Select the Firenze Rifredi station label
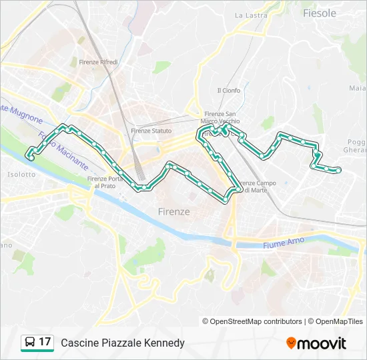point(98,62)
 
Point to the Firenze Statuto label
point(151,131)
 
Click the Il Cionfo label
point(228,91)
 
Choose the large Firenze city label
point(174,211)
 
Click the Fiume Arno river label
point(284,245)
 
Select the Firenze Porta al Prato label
point(105,182)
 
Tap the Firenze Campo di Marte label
point(256,187)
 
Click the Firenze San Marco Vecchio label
point(221,117)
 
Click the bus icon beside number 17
point(30,343)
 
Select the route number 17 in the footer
point(45,342)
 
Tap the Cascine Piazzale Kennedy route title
point(123,343)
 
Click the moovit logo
point(316,343)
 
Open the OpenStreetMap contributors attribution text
point(252,321)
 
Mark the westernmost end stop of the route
point(31,157)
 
